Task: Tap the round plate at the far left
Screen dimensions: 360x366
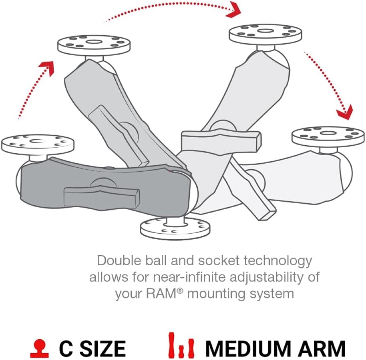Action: coord(38,143)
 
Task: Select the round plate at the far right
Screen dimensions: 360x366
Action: coord(328,136)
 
